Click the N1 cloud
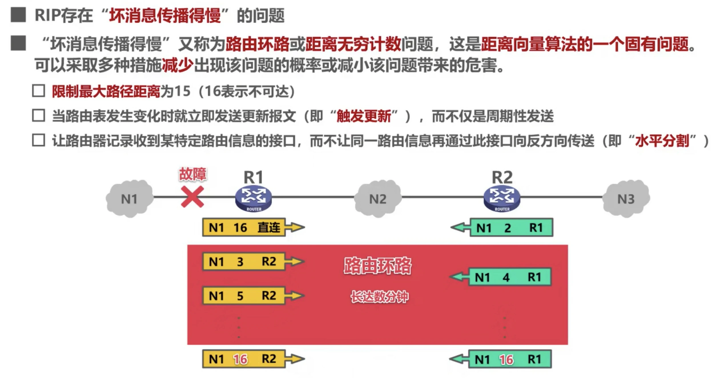click(x=130, y=199)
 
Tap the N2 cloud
click(x=378, y=199)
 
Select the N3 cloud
click(x=626, y=199)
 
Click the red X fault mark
click(x=192, y=197)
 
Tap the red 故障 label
click(x=192, y=174)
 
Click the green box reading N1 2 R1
click(x=511, y=228)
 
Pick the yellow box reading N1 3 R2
click(x=244, y=262)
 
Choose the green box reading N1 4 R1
click(x=510, y=277)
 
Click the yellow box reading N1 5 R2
click(x=244, y=295)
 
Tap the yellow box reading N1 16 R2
click(x=244, y=359)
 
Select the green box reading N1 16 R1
click(x=510, y=359)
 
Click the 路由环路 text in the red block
click(x=377, y=266)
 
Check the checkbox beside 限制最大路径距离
click(x=39, y=91)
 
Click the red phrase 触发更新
click(x=364, y=116)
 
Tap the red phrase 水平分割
click(x=662, y=141)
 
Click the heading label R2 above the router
click(x=502, y=177)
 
